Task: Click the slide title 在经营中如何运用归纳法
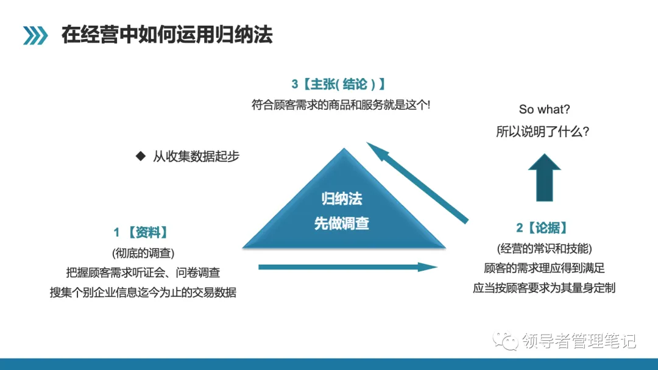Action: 167,34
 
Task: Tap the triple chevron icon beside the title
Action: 35,35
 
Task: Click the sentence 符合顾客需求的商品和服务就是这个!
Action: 341,104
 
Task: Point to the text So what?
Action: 545,110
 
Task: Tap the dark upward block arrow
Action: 544,177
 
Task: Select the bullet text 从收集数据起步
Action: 196,157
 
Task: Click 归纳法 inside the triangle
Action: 342,199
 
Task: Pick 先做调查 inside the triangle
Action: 342,223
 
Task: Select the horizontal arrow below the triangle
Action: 348,266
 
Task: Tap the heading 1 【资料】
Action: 141,232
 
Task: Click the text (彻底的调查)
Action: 143,253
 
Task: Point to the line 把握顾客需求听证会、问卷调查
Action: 143,272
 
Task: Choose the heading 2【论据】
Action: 544,228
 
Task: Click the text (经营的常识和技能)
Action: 544,248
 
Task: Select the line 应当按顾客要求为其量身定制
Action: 544,288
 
